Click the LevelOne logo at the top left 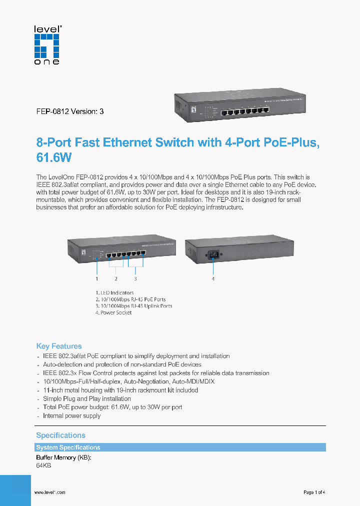coord(47,45)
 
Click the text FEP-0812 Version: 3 coord(70,111)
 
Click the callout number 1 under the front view coord(96,278)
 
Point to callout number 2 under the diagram coord(115,278)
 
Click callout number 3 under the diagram coord(135,278)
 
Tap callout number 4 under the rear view coord(213,278)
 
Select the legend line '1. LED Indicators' coord(114,293)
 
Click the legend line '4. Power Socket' coord(113,312)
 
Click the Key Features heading coord(59,346)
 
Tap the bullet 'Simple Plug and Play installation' coord(87,398)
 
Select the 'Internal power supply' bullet coord(71,415)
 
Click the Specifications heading coord(60,435)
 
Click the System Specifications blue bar coord(180,447)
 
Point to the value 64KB coord(43,465)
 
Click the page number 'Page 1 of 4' coord(314,492)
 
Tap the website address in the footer coord(49,492)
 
